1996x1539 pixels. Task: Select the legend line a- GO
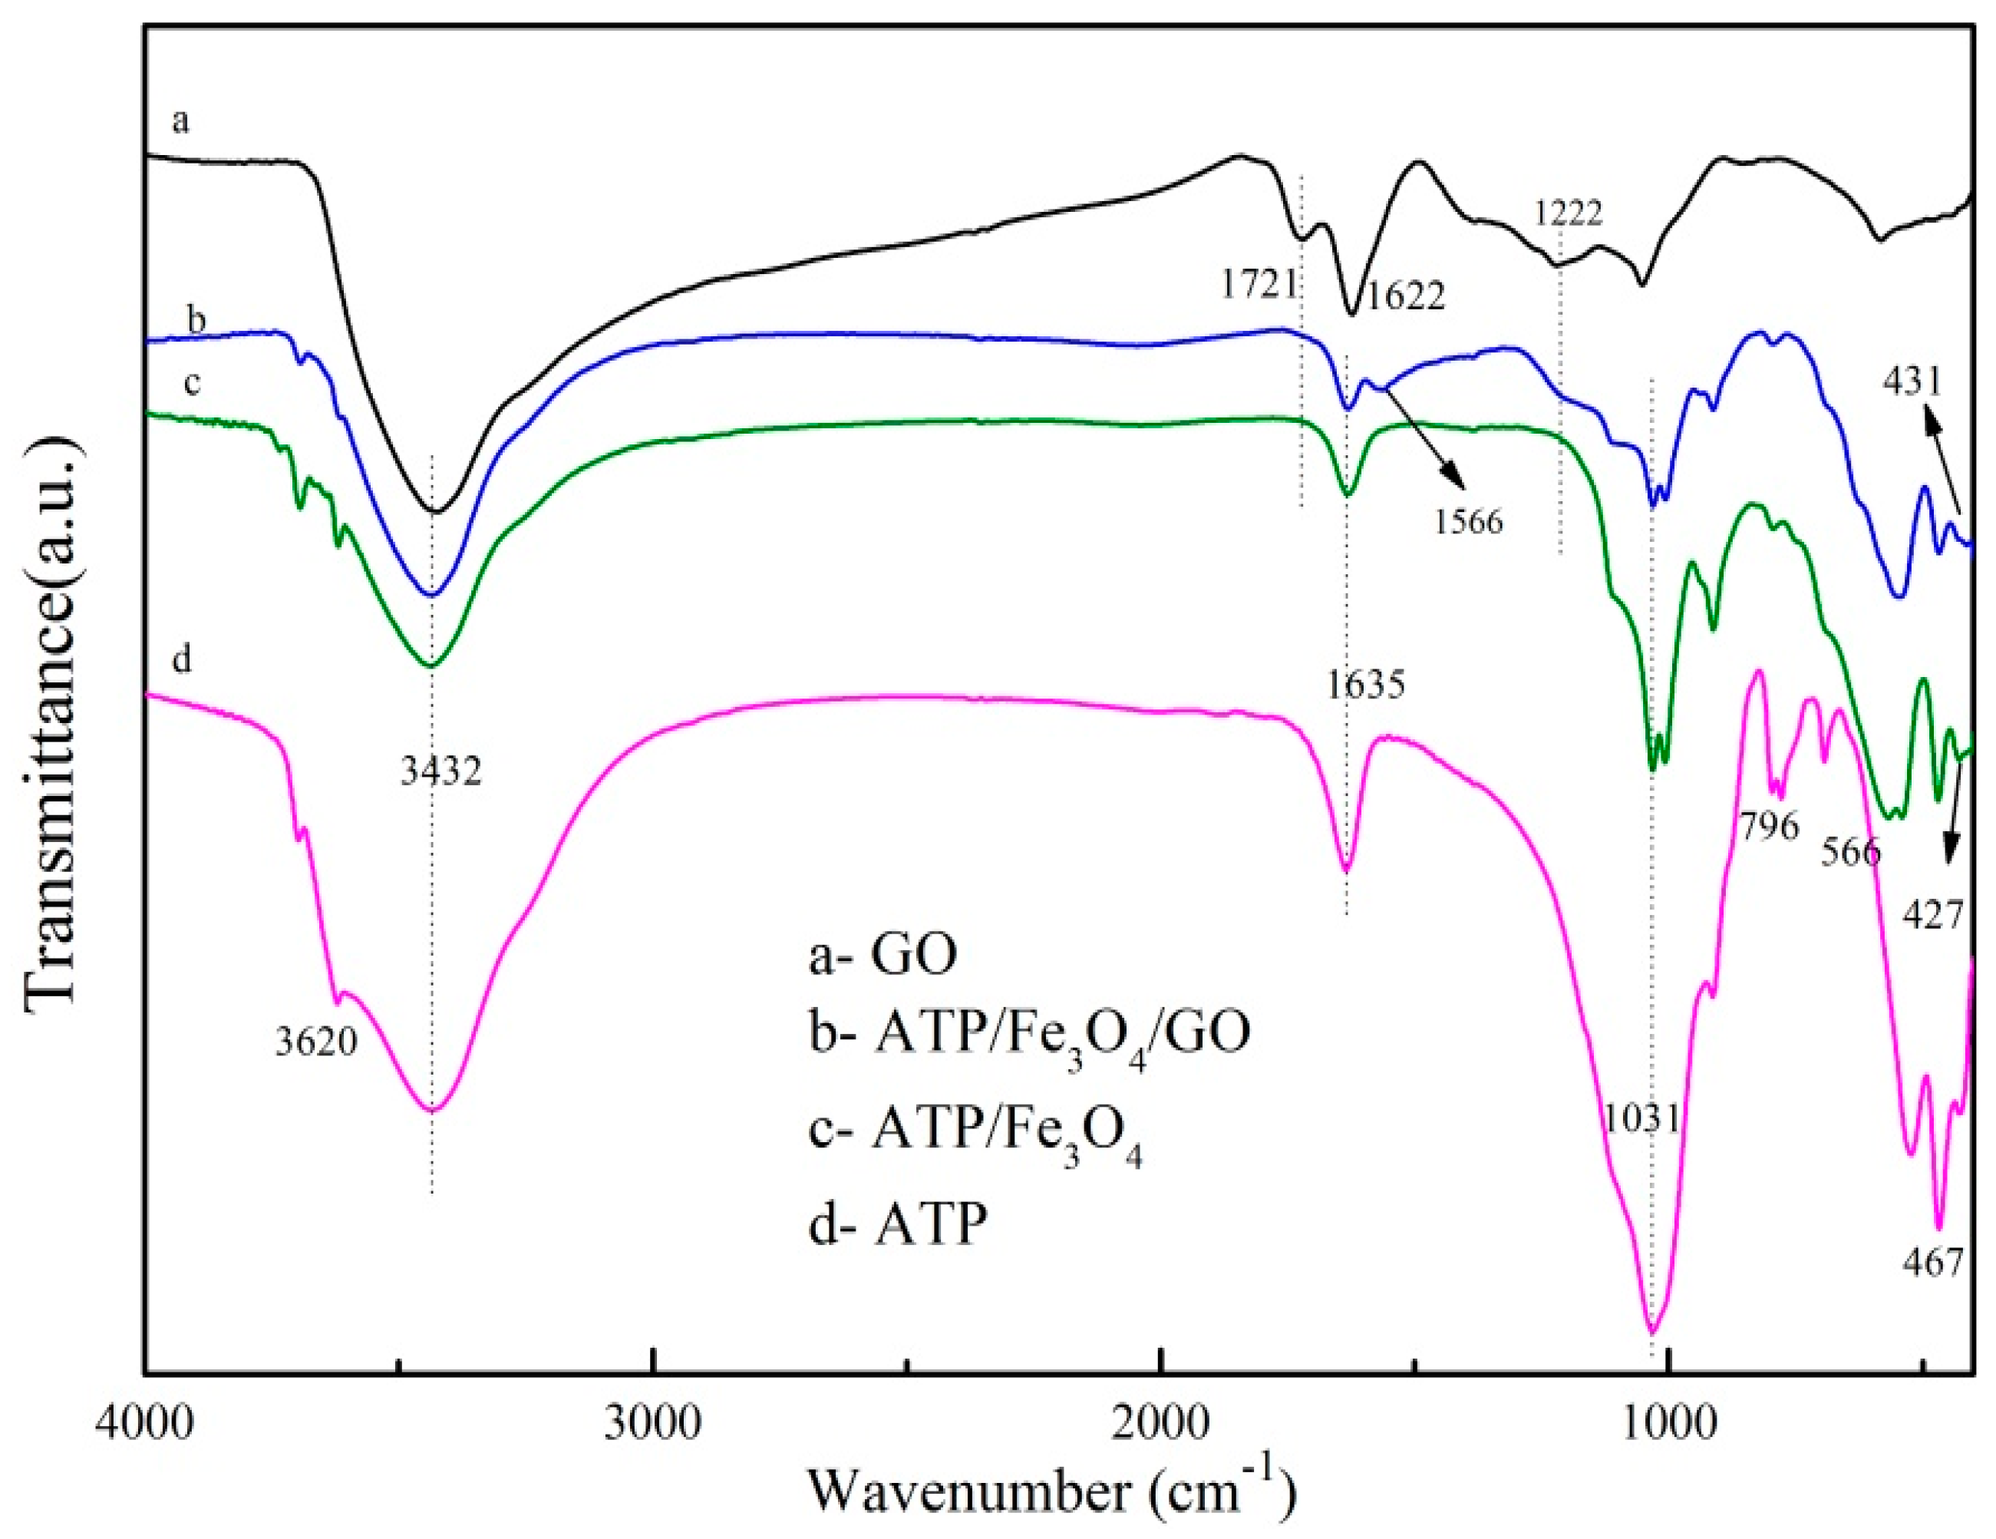tap(883, 956)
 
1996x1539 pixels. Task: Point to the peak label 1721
tap(1259, 285)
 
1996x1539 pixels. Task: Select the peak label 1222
tap(1569, 213)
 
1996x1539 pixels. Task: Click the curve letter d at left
tap(182, 658)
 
